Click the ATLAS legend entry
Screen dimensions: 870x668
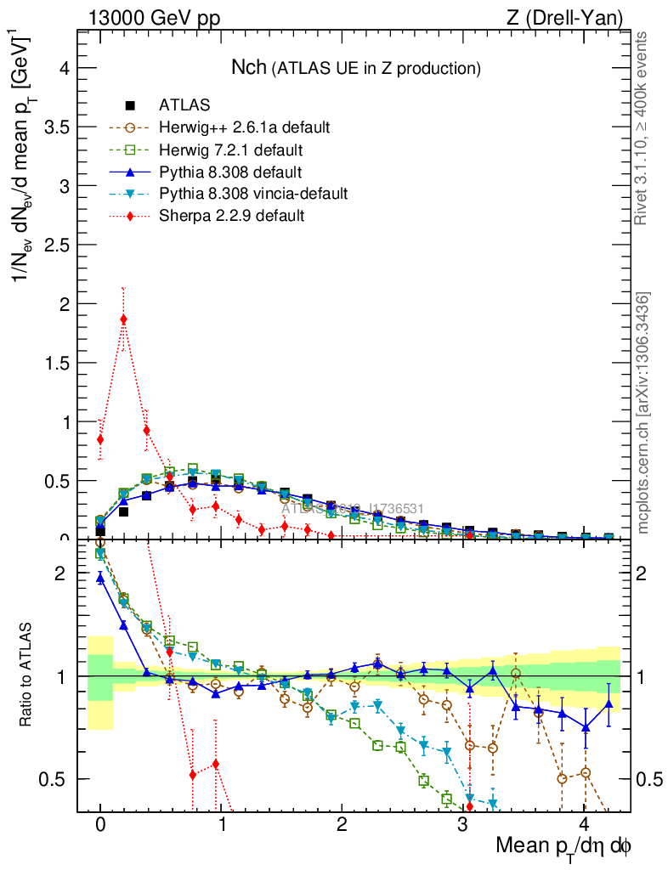click(x=184, y=105)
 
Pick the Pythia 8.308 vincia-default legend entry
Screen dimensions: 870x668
click(x=253, y=194)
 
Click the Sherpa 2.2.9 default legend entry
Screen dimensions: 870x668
click(x=231, y=216)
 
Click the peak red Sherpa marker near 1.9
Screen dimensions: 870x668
click(x=123, y=319)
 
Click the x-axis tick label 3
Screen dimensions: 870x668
click(x=462, y=826)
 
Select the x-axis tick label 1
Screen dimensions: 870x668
click(x=221, y=826)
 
